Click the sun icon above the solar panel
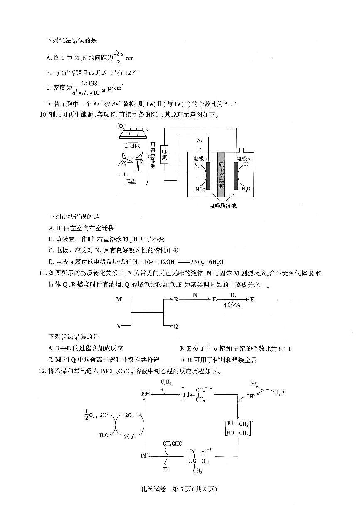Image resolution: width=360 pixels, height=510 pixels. [121, 125]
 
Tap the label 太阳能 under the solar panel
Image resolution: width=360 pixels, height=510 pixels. [132, 146]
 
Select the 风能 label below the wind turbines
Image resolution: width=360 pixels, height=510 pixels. [131, 181]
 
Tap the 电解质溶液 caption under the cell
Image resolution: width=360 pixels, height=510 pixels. [223, 205]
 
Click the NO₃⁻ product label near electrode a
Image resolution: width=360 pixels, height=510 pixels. [200, 190]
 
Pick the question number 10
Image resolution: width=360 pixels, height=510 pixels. [42, 115]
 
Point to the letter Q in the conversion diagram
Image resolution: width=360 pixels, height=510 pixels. [175, 326]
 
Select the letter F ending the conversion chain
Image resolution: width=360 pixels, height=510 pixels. [252, 299]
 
